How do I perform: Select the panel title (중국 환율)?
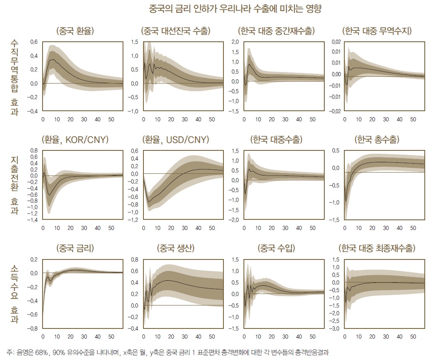tap(75, 31)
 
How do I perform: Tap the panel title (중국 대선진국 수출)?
tap(176, 31)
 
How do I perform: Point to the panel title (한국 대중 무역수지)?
tap(377, 31)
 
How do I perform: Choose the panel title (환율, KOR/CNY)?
tap(75, 140)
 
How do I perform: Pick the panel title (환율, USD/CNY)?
tap(176, 140)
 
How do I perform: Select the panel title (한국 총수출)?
tap(377, 140)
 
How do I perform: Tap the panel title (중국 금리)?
tap(75, 248)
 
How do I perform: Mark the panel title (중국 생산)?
tap(176, 248)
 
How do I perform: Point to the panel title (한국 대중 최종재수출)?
tap(377, 248)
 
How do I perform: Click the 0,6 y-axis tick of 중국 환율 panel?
tap(34, 42)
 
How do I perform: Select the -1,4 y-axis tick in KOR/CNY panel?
tap(32, 220)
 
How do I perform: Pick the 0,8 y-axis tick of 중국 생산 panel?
tap(134, 259)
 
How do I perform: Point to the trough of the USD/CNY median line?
tap(149, 201)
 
